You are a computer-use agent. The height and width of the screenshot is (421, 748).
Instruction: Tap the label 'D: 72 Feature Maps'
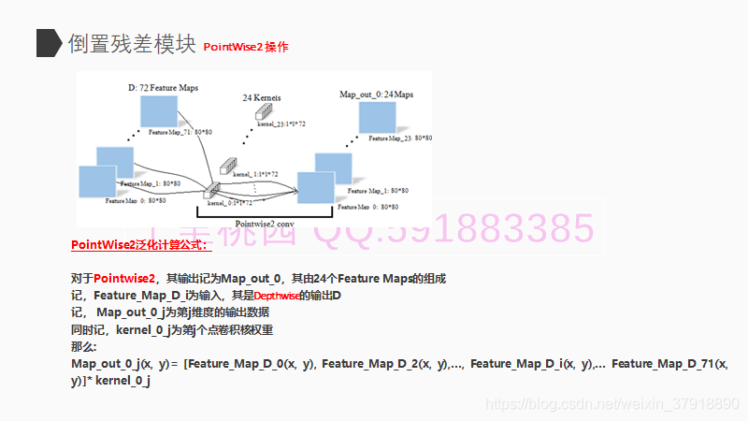pyautogui.click(x=163, y=87)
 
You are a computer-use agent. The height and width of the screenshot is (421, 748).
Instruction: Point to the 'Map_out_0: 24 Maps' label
pyautogui.click(x=376, y=94)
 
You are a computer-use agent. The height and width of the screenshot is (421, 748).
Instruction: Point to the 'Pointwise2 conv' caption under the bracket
pyautogui.click(x=265, y=224)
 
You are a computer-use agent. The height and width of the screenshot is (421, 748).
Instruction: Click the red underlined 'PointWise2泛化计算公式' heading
pyautogui.click(x=141, y=245)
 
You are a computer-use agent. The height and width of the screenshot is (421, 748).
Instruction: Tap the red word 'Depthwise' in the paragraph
pyautogui.click(x=275, y=296)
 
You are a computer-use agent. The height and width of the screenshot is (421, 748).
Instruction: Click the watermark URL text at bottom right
pyautogui.click(x=613, y=404)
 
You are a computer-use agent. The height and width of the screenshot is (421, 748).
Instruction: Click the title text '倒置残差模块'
pyautogui.click(x=131, y=43)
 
